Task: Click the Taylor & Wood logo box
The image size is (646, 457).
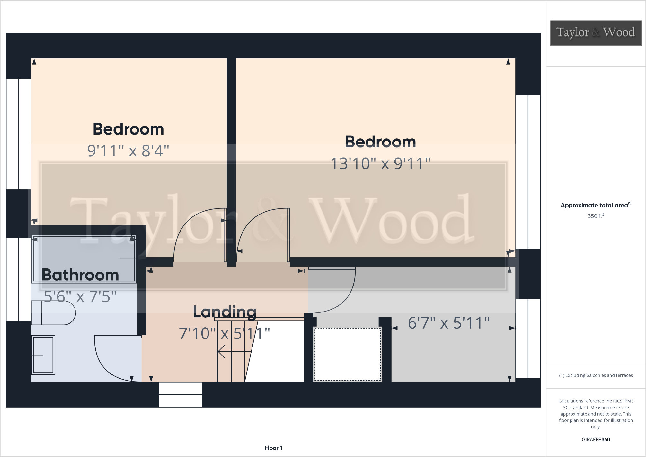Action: (x=596, y=33)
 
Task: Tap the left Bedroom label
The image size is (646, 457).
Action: (x=128, y=129)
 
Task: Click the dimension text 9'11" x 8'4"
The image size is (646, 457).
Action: (x=128, y=151)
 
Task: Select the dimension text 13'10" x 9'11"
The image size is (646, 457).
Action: (x=380, y=164)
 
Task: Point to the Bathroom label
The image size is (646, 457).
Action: (x=80, y=275)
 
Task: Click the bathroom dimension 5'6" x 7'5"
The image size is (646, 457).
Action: (x=80, y=296)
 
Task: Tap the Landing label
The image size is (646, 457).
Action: (x=225, y=312)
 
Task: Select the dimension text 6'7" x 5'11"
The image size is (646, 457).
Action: (x=448, y=323)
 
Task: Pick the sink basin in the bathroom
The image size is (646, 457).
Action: (x=43, y=355)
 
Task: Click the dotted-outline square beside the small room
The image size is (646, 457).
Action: (x=348, y=354)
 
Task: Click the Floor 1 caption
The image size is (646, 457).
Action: (x=273, y=448)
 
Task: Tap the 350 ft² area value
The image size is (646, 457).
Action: (x=596, y=216)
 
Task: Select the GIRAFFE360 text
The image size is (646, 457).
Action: (x=596, y=439)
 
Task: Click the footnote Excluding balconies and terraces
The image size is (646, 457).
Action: (x=596, y=375)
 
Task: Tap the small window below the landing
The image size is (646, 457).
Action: (x=181, y=395)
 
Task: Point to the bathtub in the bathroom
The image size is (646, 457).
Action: (x=84, y=259)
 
